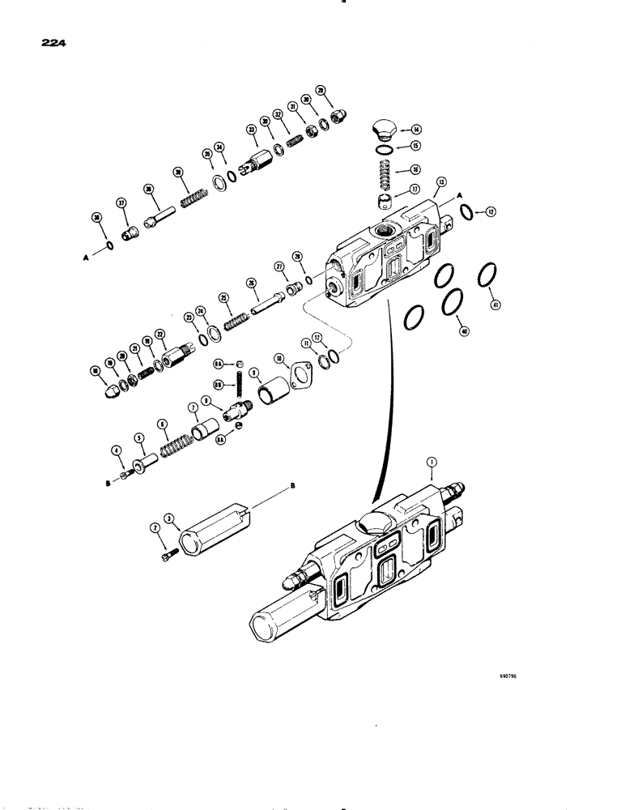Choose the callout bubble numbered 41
pos(495,305)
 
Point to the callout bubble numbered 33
pos(252,130)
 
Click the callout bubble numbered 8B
pos(219,385)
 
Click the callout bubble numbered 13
pos(440,181)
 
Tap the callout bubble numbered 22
pos(159,335)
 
